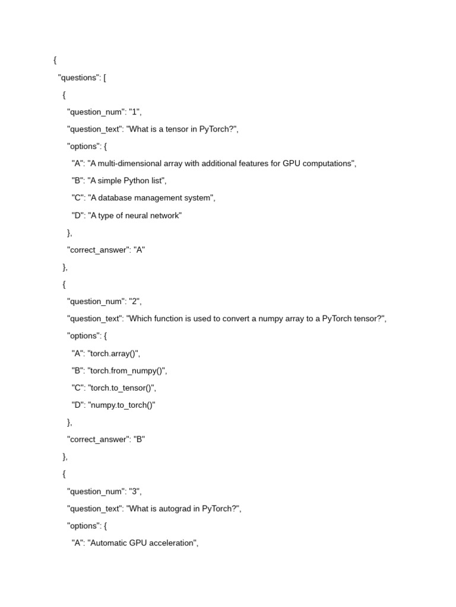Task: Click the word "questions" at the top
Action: (x=80, y=78)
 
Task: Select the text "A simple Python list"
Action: (x=126, y=181)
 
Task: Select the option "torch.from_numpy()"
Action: (x=127, y=370)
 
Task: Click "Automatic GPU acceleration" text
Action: (x=142, y=542)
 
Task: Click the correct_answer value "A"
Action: (x=140, y=250)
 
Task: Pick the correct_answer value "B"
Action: (x=140, y=439)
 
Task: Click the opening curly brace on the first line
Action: (x=55, y=60)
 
